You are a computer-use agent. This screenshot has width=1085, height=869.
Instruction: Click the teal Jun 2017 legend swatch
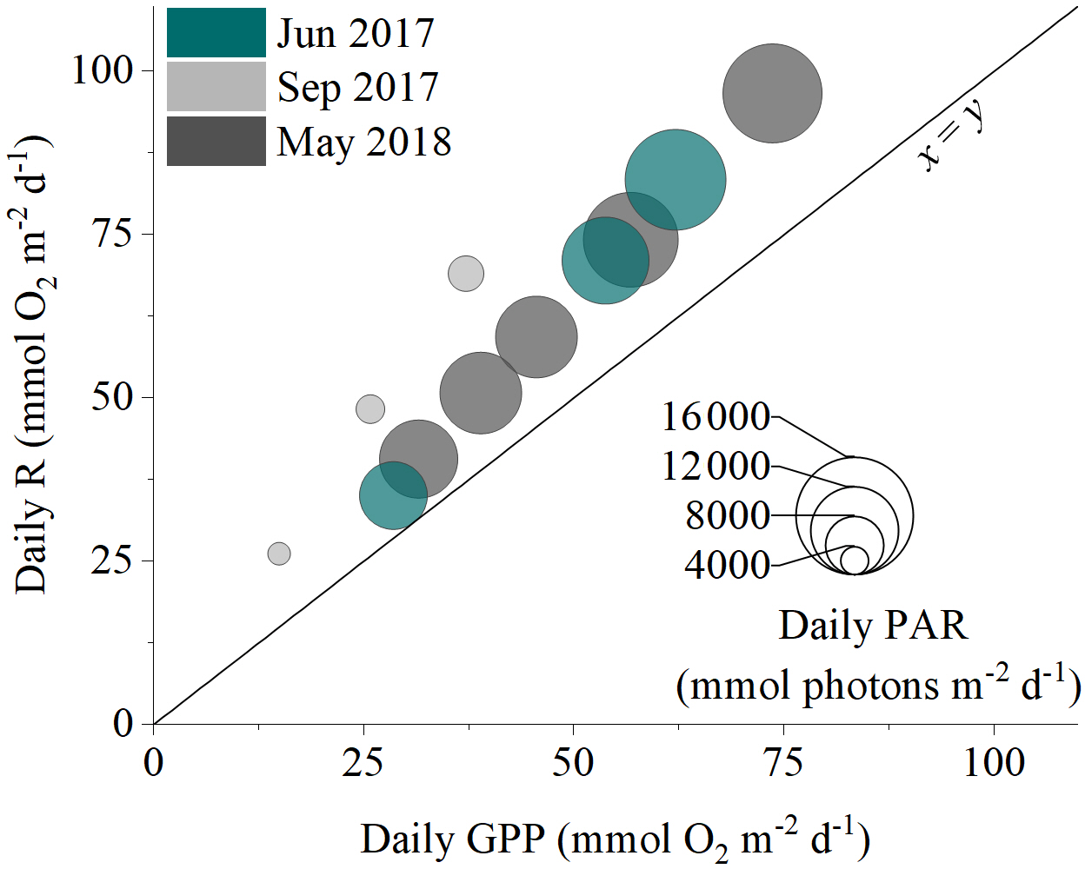tap(216, 33)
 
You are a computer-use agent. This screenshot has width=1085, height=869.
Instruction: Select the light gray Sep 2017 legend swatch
tap(216, 86)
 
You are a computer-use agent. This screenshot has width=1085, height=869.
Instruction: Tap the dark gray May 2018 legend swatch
tap(216, 141)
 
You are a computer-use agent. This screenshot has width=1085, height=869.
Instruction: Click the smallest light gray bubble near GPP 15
tap(279, 554)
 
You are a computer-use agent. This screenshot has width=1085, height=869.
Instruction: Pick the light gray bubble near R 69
tap(466, 274)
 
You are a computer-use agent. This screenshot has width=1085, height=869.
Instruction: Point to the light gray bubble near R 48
tap(370, 408)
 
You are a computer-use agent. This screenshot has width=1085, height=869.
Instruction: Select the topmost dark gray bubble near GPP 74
tap(772, 93)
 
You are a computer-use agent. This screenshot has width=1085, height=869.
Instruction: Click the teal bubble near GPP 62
tap(676, 180)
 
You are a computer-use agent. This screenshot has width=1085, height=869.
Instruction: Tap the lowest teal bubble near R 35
tap(393, 495)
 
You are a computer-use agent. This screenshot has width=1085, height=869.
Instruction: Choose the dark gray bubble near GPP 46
tap(536, 337)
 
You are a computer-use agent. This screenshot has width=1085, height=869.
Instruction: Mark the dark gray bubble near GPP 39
tap(481, 393)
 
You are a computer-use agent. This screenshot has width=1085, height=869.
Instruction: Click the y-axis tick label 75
tap(111, 234)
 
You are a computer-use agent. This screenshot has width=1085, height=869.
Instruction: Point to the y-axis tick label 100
tap(102, 70)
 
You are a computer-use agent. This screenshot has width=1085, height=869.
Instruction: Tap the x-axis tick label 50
tap(573, 763)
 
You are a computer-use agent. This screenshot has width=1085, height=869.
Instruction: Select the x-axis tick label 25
tap(363, 763)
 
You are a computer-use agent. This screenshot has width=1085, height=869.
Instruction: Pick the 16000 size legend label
tap(716, 417)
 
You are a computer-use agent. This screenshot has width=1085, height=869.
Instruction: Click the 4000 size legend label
tap(727, 566)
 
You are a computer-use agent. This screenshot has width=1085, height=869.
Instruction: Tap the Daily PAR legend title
tap(872, 626)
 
